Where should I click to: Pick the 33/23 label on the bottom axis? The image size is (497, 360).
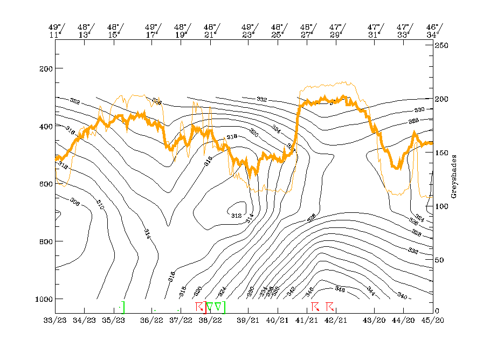(55, 320)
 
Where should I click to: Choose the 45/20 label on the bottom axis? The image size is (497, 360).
(433, 320)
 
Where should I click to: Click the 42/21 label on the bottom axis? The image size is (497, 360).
(335, 320)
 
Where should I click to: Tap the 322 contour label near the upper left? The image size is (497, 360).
(75, 101)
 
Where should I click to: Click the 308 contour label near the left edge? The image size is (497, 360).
(74, 204)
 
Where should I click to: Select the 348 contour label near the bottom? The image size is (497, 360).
(340, 289)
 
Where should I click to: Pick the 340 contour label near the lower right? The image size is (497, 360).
(402, 295)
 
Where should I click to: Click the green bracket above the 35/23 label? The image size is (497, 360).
(123, 307)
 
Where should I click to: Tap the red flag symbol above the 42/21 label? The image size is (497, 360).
(330, 307)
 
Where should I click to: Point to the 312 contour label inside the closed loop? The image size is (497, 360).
(236, 216)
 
